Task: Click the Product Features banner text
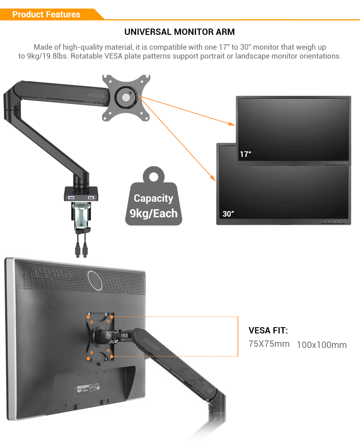point(46,14)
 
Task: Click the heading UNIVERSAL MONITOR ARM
point(180,32)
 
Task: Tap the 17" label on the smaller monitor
point(245,154)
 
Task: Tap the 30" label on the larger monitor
point(228,214)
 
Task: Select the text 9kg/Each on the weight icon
point(154,213)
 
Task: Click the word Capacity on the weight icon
point(154,198)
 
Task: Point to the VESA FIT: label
point(268,330)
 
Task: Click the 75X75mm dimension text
point(269,344)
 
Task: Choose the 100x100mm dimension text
point(322,345)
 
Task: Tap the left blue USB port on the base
point(71,197)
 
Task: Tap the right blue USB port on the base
point(90,197)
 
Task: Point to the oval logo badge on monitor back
point(95,280)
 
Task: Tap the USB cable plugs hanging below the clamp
point(81,250)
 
